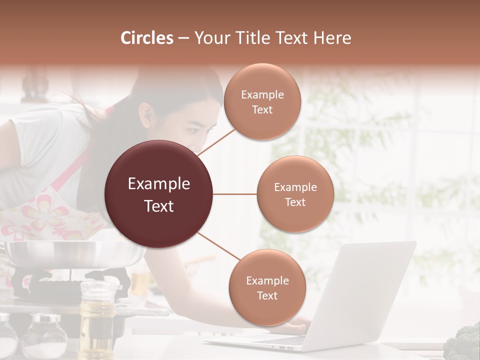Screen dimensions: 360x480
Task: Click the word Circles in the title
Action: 147,38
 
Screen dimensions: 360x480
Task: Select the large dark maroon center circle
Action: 159,194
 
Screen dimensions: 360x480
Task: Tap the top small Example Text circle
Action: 262,102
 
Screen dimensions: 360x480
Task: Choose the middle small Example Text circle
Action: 295,194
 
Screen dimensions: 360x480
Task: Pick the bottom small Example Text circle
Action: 267,287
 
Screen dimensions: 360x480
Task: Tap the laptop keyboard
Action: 280,340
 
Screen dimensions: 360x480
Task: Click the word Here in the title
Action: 332,38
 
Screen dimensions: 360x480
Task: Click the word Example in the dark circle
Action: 159,184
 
